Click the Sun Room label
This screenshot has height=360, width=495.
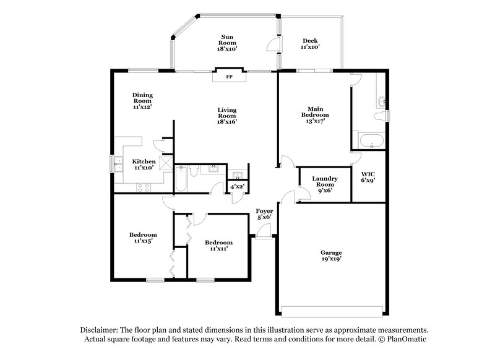pyautogui.click(x=227, y=43)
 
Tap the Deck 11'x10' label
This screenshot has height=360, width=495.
pyautogui.click(x=309, y=43)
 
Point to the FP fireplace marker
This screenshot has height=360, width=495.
pyautogui.click(x=229, y=77)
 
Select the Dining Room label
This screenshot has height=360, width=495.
pyautogui.click(x=142, y=101)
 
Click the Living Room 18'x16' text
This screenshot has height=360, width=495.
pyautogui.click(x=227, y=116)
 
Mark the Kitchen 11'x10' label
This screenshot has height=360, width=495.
pyautogui.click(x=143, y=165)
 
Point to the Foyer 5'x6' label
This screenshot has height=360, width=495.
pyautogui.click(x=264, y=214)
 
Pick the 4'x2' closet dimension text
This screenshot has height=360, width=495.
pyautogui.click(x=236, y=186)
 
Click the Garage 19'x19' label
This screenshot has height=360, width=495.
pyautogui.click(x=332, y=255)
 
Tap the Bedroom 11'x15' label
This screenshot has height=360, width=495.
pyautogui.click(x=143, y=238)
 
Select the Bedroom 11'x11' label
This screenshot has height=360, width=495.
pyautogui.click(x=218, y=246)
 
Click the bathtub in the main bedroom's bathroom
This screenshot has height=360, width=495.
pyautogui.click(x=370, y=141)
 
